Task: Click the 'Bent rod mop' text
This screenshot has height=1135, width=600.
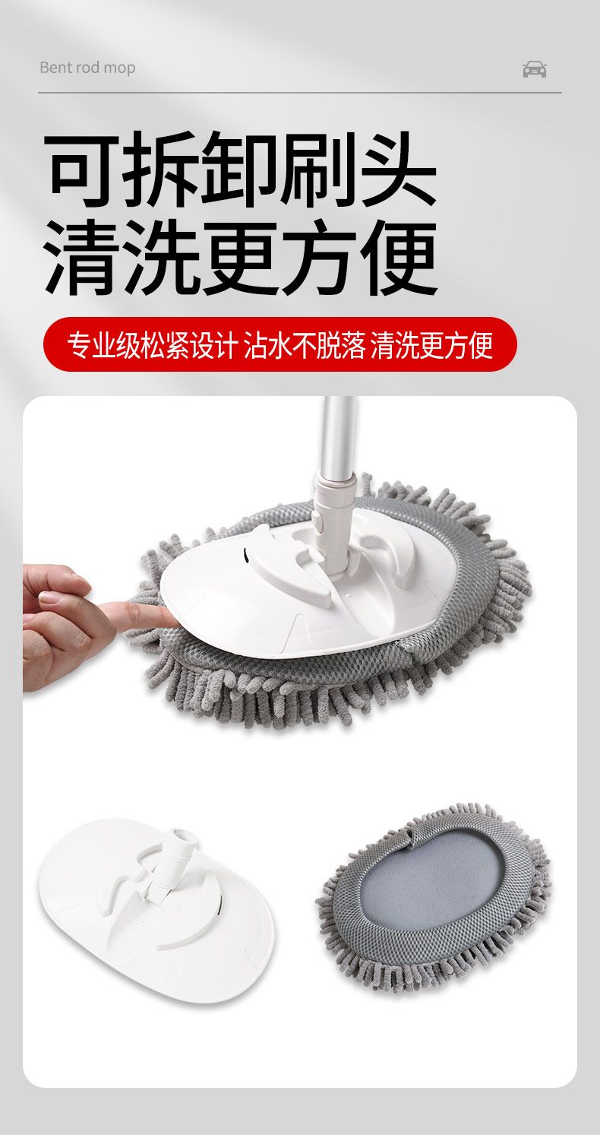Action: click(87, 68)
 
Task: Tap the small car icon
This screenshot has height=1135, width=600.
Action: click(534, 69)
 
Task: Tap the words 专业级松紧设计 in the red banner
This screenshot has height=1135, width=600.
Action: click(153, 345)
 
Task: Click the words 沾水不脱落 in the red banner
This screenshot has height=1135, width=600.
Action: click(305, 345)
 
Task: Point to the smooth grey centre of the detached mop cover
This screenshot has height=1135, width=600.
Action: click(434, 878)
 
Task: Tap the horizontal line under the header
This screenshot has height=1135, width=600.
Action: click(300, 93)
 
